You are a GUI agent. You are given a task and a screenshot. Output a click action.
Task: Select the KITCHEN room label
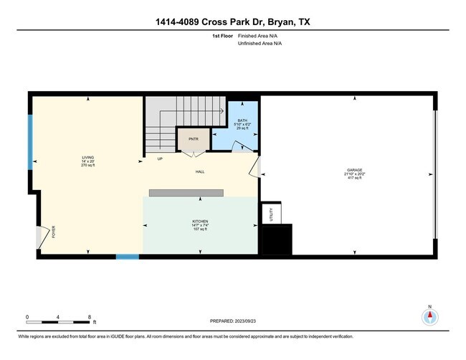(200, 222)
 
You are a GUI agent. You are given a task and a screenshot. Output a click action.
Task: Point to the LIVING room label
(87, 157)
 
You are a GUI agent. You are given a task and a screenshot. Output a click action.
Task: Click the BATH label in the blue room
(244, 121)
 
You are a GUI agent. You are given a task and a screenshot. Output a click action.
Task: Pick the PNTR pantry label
(193, 139)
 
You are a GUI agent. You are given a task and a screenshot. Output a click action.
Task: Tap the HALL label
(201, 172)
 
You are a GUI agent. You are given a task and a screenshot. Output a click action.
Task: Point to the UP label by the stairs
(159, 159)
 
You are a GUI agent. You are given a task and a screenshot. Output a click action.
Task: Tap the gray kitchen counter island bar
(186, 192)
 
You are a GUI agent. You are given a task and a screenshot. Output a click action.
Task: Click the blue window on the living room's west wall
(30, 142)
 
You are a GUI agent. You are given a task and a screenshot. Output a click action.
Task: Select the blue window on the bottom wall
(127, 256)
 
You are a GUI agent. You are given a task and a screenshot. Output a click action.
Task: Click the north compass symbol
(430, 317)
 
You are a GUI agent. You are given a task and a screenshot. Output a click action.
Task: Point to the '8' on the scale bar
(88, 316)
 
